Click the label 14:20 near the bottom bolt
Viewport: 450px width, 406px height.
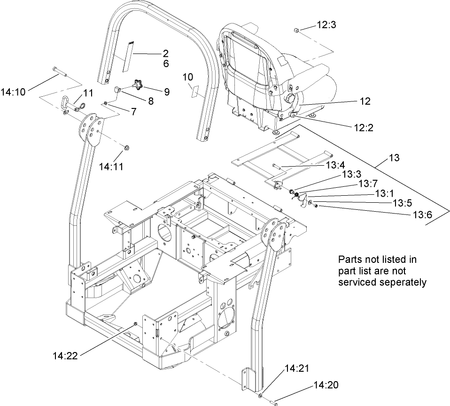326,386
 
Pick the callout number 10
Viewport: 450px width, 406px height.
187,76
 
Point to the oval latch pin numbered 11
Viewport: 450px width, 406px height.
66,102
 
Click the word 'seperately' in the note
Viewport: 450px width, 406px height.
403,283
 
